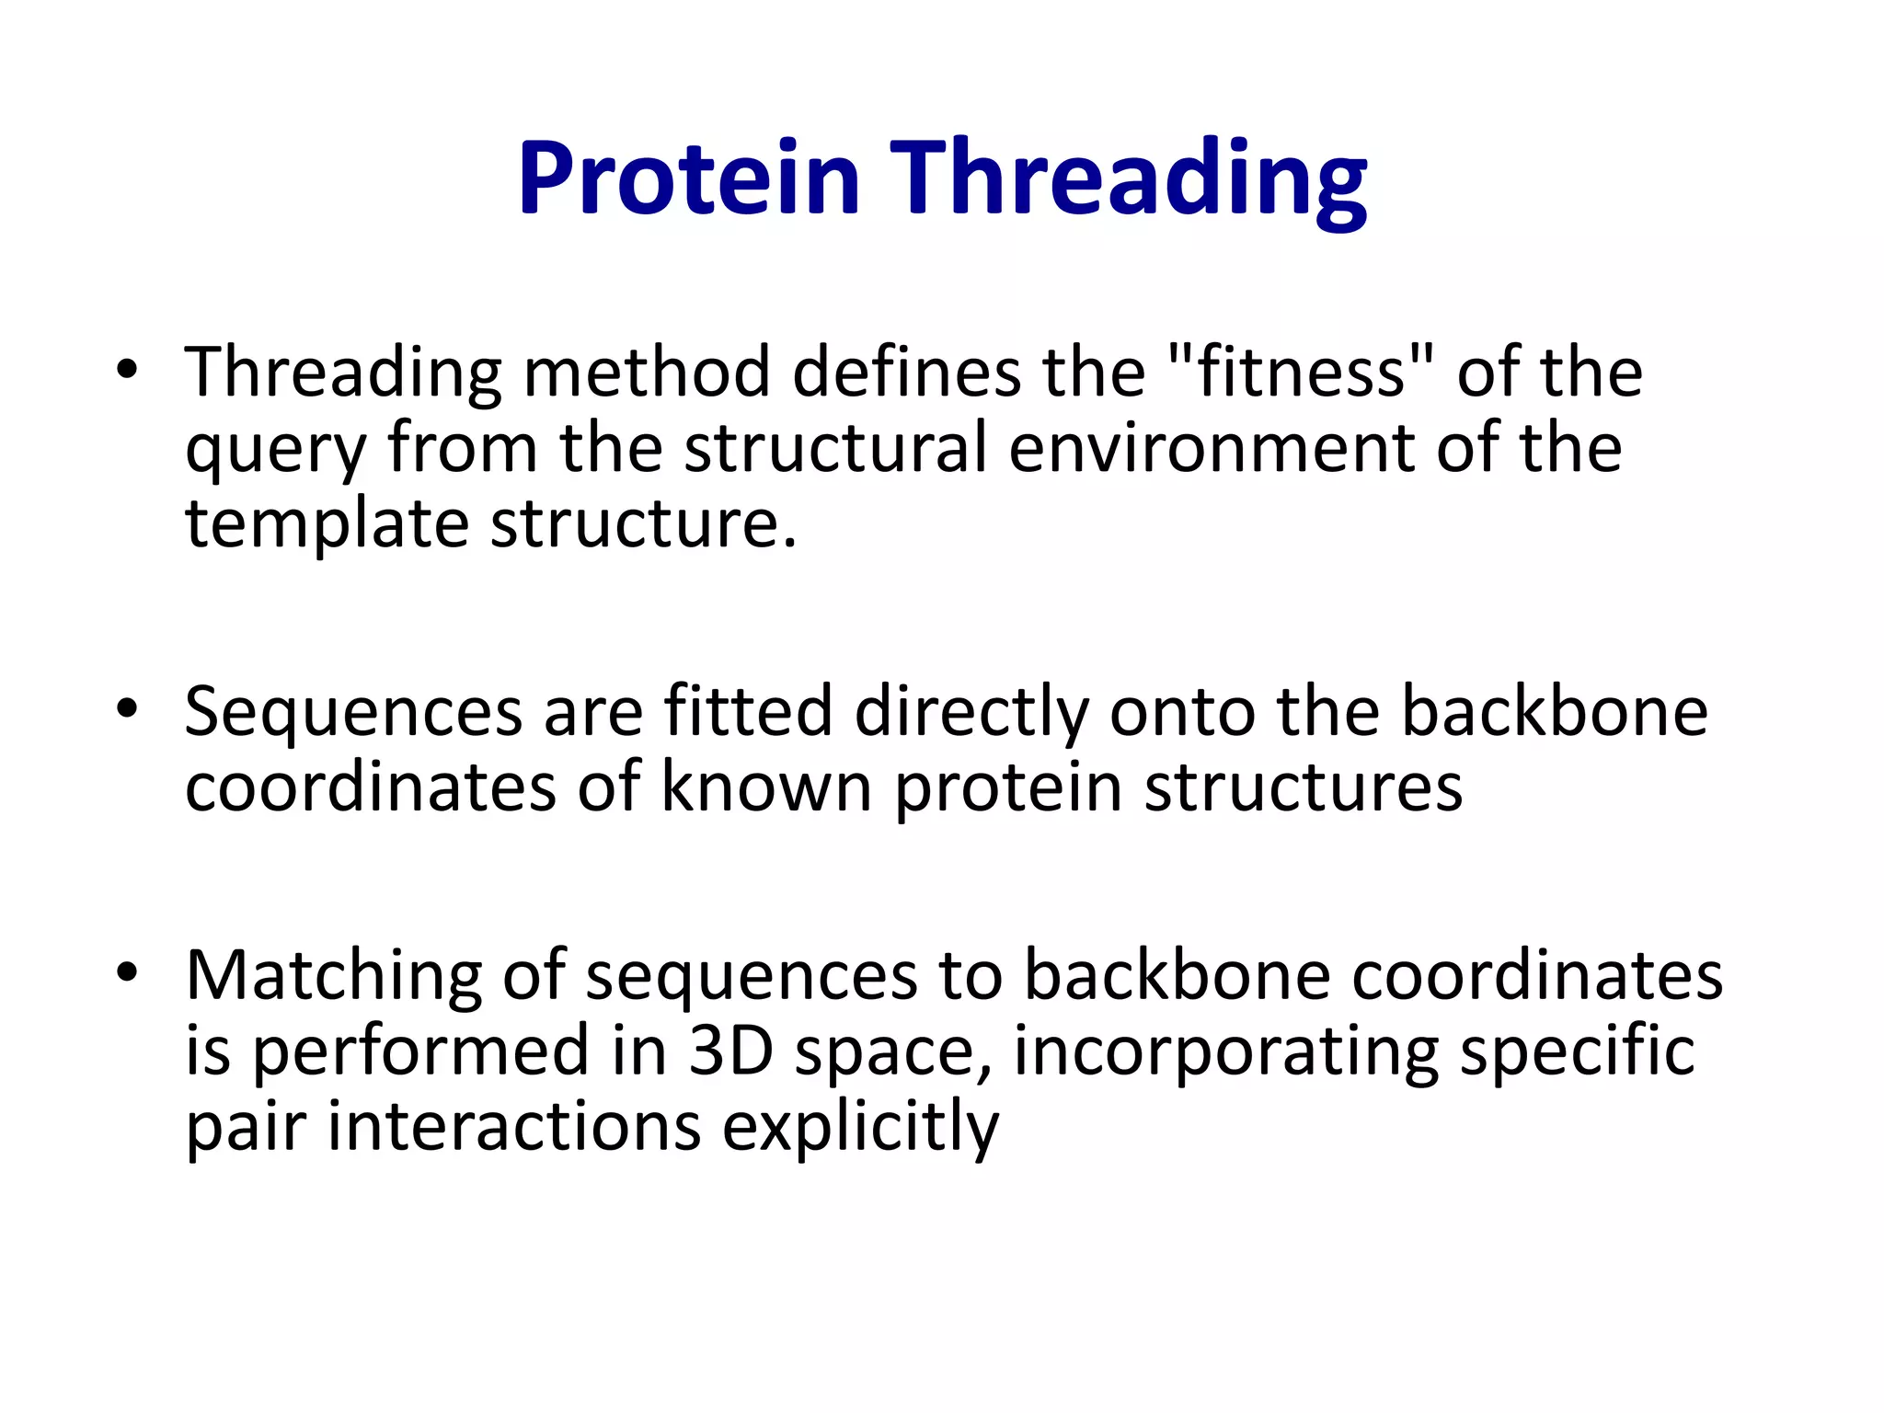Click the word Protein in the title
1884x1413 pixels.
(x=688, y=178)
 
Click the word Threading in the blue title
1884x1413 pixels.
(x=1132, y=178)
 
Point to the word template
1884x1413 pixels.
(x=327, y=524)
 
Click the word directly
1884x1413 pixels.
(x=971, y=713)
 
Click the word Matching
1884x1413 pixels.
(x=333, y=976)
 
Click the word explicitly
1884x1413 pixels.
(x=859, y=1128)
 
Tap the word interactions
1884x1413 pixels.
(x=514, y=1126)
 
